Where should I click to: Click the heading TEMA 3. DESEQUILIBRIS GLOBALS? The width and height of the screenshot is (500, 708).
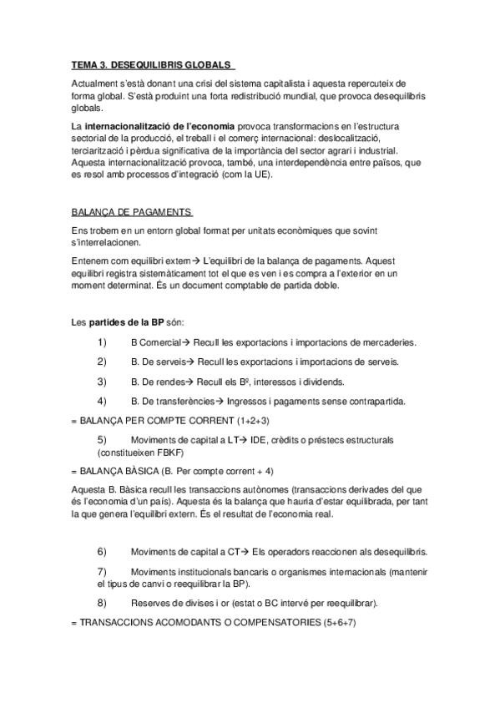pos(151,65)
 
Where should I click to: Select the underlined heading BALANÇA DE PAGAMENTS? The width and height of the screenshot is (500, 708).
pos(132,212)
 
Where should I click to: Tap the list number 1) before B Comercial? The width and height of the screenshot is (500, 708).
pos(102,342)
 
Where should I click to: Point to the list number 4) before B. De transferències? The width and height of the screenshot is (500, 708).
pos(102,402)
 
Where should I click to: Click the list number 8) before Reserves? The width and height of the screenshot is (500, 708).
pos(102,602)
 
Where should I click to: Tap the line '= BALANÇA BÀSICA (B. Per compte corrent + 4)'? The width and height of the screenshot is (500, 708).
pos(173,470)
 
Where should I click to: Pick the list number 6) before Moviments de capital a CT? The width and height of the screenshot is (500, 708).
pos(102,552)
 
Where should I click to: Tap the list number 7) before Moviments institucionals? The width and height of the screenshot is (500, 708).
pos(102,572)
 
